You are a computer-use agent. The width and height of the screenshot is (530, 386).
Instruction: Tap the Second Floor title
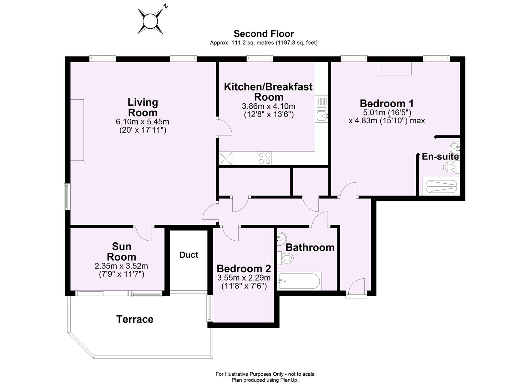pyautogui.click(x=263, y=34)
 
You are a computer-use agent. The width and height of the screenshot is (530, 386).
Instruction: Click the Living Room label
pyautogui.click(x=143, y=107)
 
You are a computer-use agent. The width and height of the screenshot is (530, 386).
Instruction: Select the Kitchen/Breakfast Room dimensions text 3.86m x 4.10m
pyautogui.click(x=268, y=107)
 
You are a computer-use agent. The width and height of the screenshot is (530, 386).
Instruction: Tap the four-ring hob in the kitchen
pyautogui.click(x=264, y=158)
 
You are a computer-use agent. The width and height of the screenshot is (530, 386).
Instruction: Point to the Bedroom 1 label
pyautogui.click(x=387, y=104)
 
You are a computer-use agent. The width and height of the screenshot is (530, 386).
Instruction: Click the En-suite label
pyautogui.click(x=440, y=157)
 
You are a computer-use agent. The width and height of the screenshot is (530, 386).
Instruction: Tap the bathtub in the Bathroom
pyautogui.click(x=300, y=281)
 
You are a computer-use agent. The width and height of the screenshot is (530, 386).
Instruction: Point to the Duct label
pyautogui.click(x=189, y=255)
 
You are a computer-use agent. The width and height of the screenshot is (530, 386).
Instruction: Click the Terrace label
pyautogui.click(x=135, y=319)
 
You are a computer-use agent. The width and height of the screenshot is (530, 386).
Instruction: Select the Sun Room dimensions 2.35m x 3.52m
pyautogui.click(x=121, y=266)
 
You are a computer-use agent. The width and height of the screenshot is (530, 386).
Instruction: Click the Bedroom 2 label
pyautogui.click(x=244, y=269)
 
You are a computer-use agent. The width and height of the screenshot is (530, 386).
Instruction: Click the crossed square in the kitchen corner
pyautogui.click(x=226, y=158)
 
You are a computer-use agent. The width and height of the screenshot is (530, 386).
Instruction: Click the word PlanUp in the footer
pyautogui.click(x=288, y=380)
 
